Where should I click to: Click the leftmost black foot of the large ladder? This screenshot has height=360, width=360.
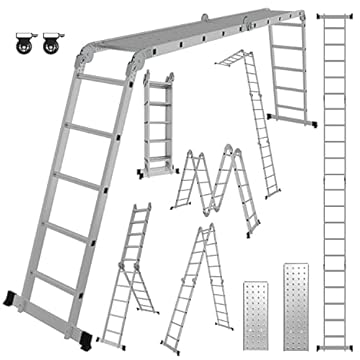[13, 297]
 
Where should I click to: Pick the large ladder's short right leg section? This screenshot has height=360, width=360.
[285, 75]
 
